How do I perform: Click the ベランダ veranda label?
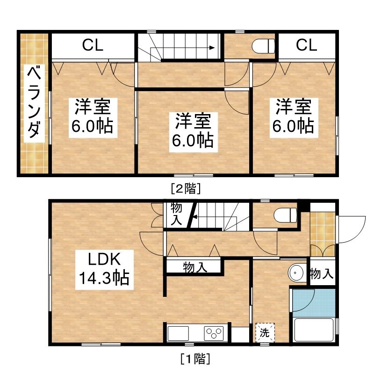34,102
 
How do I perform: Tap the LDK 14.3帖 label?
104,270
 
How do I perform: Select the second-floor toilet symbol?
263,46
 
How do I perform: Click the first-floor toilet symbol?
285,215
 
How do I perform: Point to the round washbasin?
296,273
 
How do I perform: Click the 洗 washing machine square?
265,333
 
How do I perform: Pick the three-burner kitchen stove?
214,333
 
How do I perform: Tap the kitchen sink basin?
178,333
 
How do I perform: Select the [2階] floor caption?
186,189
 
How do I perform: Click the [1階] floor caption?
195,359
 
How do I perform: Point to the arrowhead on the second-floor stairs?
212,48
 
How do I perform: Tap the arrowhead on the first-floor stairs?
194,217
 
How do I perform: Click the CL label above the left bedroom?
93,45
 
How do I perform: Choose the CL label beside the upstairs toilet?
307,45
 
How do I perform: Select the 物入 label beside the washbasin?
322,273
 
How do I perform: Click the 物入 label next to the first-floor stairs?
176,214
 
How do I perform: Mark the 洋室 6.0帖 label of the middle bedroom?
193,132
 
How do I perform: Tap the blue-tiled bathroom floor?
314,303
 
